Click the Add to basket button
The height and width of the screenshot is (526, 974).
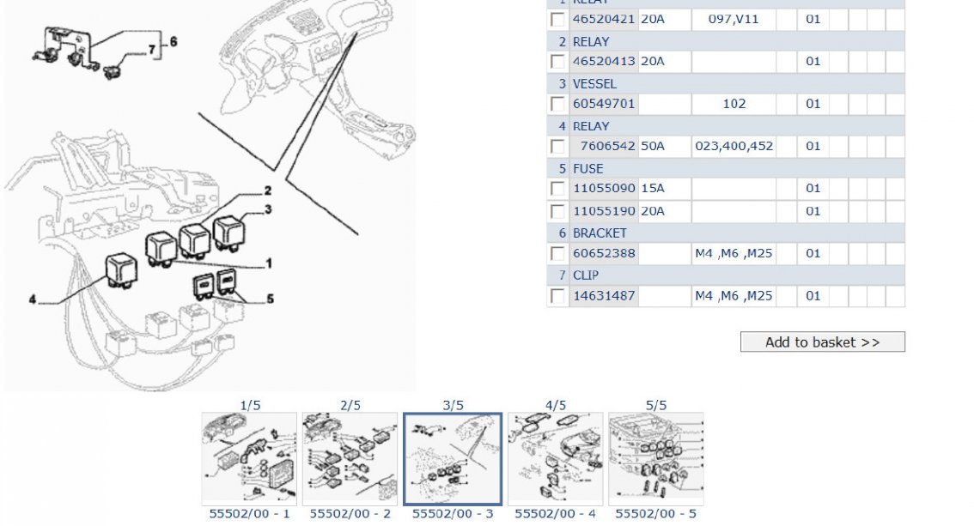point(822,342)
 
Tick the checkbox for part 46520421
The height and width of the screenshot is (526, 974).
point(558,19)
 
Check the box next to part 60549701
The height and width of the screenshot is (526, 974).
point(558,104)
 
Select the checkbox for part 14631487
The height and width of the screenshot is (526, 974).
point(558,296)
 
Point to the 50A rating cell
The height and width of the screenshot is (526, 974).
point(653,146)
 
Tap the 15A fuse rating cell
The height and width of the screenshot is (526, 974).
point(653,188)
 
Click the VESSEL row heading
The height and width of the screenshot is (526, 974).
point(594,83)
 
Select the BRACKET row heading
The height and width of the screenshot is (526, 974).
point(600,233)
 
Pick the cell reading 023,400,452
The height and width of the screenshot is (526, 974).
point(734,146)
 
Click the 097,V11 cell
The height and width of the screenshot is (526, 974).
point(734,19)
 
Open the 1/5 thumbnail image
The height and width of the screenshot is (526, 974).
point(249,458)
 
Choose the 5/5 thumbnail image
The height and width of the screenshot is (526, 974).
point(655,458)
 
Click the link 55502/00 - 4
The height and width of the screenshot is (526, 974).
point(555,514)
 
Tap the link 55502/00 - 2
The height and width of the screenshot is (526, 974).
point(350,514)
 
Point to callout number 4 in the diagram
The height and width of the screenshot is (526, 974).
point(32,300)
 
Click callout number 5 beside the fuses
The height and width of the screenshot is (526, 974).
point(270,299)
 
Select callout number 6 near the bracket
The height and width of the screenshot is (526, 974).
point(173,41)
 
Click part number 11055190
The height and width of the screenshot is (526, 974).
point(604,211)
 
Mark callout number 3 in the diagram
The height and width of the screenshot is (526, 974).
point(268,209)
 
